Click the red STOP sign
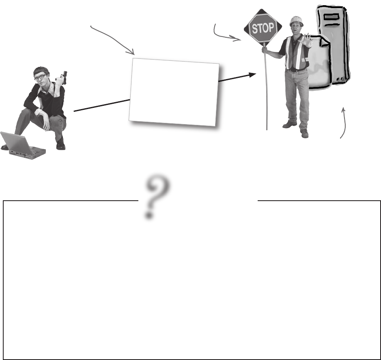coord(263,28)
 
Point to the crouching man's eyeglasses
coord(40,77)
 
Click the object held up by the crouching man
coord(64,78)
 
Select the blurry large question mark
coord(157,196)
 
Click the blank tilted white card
coord(174,92)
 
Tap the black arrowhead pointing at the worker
coord(252,75)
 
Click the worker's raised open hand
coord(306,40)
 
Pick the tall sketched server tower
coord(334,45)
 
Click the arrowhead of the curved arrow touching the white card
coord(131,52)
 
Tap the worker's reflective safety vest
coord(297,53)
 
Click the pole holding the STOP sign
coord(266,88)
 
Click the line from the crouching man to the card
coord(102,105)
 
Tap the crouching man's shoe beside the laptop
coord(61,145)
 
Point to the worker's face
coord(296,27)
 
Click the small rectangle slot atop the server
coord(331,17)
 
